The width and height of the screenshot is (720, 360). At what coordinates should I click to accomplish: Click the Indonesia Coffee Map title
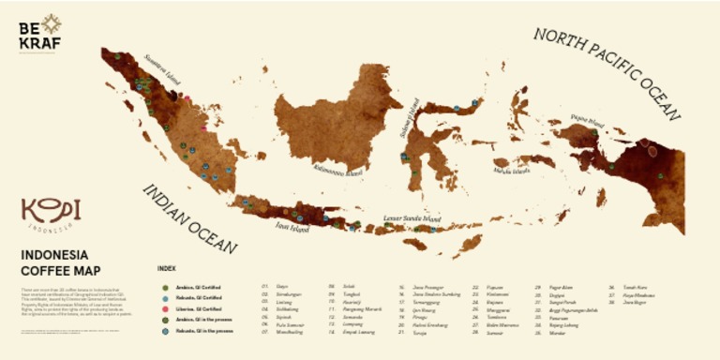pos(54,262)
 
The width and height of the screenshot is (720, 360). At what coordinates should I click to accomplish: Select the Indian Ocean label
pos(188,218)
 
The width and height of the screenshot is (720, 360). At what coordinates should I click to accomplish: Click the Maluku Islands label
pos(510,171)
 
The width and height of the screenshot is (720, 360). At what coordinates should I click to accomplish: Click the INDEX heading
pos(166,268)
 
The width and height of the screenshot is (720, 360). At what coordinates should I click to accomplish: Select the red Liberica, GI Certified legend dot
pos(165,308)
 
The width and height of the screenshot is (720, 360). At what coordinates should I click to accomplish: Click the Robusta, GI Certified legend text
pos(197,297)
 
